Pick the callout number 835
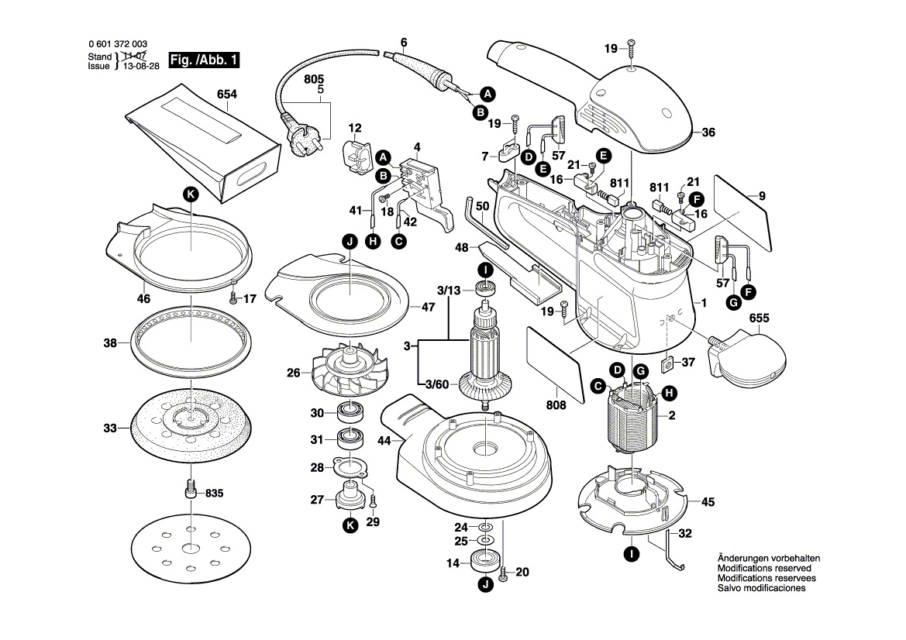pos(215,493)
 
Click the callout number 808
pos(556,404)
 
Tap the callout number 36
pos(708,132)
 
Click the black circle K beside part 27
pos(350,525)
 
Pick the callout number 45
pos(707,501)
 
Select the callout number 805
pos(314,80)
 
